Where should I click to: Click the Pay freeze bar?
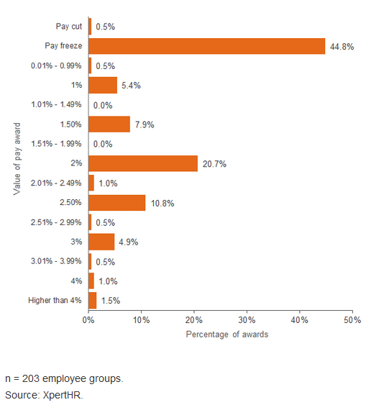(207, 46)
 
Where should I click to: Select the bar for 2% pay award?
(143, 163)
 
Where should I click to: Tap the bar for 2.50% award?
(117, 203)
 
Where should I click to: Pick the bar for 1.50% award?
(109, 124)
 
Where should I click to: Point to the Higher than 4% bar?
(93, 301)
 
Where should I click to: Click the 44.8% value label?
(342, 47)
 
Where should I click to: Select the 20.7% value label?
(214, 164)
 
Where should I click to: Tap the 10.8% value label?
(163, 204)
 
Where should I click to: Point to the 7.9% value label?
(145, 124)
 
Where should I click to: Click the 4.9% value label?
(128, 242)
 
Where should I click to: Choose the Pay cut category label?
(69, 27)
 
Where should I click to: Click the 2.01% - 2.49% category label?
(56, 183)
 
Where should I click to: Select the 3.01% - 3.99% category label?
(56, 261)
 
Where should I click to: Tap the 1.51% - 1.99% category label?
(56, 144)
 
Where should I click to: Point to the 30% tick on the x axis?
(247, 320)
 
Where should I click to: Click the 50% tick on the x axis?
(352, 320)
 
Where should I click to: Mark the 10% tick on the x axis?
(141, 320)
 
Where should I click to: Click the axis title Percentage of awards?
(227, 335)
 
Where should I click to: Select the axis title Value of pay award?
(17, 159)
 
